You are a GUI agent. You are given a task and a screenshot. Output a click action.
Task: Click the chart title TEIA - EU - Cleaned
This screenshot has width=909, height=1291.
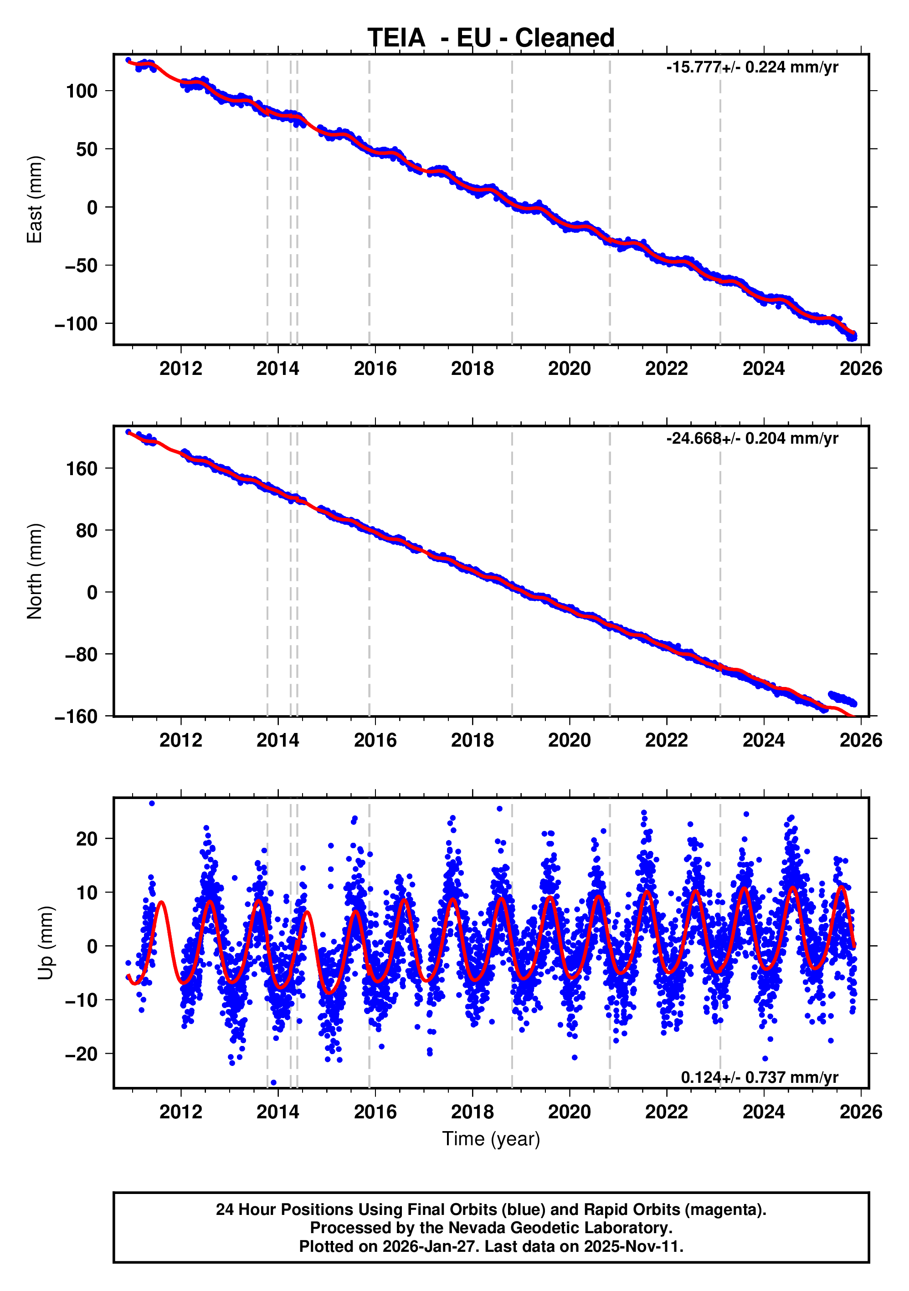pyautogui.click(x=491, y=38)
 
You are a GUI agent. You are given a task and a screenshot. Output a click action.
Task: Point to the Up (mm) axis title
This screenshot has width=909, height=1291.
pyautogui.click(x=46, y=943)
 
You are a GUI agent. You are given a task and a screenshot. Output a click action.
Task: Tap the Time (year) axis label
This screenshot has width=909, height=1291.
pyautogui.click(x=491, y=1139)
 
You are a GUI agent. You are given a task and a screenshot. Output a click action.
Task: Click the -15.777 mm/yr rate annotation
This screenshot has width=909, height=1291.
pyautogui.click(x=752, y=67)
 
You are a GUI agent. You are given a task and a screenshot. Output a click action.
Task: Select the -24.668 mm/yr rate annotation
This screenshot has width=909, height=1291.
pyautogui.click(x=752, y=439)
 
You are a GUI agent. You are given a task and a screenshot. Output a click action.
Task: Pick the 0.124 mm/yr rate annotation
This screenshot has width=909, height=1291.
pyautogui.click(x=760, y=1077)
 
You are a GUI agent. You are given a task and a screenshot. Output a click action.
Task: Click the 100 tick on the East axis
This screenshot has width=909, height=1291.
pyautogui.click(x=82, y=91)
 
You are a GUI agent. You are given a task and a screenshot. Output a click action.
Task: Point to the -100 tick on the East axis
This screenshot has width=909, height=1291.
pyautogui.click(x=76, y=324)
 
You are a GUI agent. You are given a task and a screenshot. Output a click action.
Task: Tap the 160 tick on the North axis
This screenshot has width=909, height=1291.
pyautogui.click(x=82, y=468)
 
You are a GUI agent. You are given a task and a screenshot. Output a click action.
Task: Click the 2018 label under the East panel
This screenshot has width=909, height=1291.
pyautogui.click(x=472, y=369)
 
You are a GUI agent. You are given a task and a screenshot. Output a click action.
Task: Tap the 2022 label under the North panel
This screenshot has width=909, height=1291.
pyautogui.click(x=666, y=740)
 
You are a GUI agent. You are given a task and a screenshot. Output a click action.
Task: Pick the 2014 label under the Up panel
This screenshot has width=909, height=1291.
pyautogui.click(x=278, y=1112)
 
